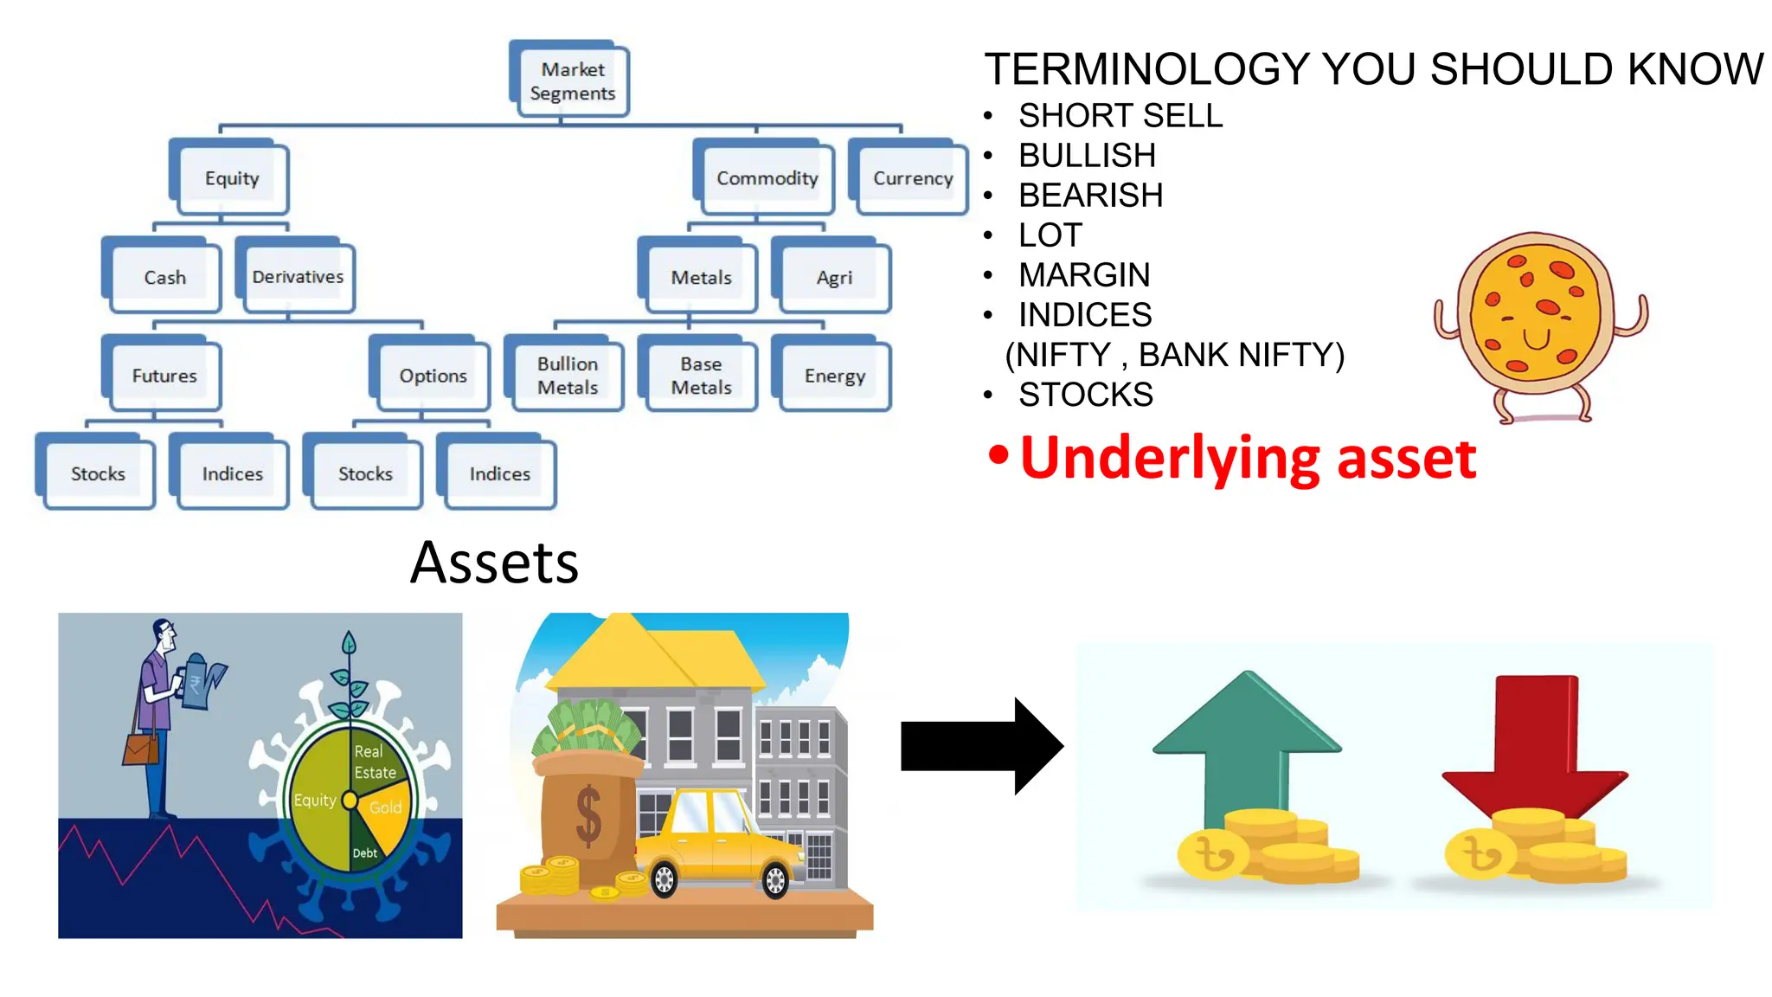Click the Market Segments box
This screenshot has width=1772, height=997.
coord(571,80)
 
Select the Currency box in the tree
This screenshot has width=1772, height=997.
coord(911,178)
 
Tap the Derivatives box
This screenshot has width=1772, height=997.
coord(297,277)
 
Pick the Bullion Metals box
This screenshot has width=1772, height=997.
coord(567,376)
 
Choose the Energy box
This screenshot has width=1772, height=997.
coord(834,376)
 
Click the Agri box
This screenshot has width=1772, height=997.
coord(834,277)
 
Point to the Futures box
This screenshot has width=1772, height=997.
coord(164,376)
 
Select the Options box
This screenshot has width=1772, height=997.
coord(432,376)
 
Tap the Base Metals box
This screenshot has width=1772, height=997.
coord(700,376)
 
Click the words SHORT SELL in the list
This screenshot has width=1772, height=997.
coord(1120,116)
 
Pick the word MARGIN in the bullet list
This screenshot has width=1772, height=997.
coord(1084,275)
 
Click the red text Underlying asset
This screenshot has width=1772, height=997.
coord(1247,458)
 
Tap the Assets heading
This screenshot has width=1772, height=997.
coord(494,563)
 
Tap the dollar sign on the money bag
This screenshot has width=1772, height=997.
coord(588,815)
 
